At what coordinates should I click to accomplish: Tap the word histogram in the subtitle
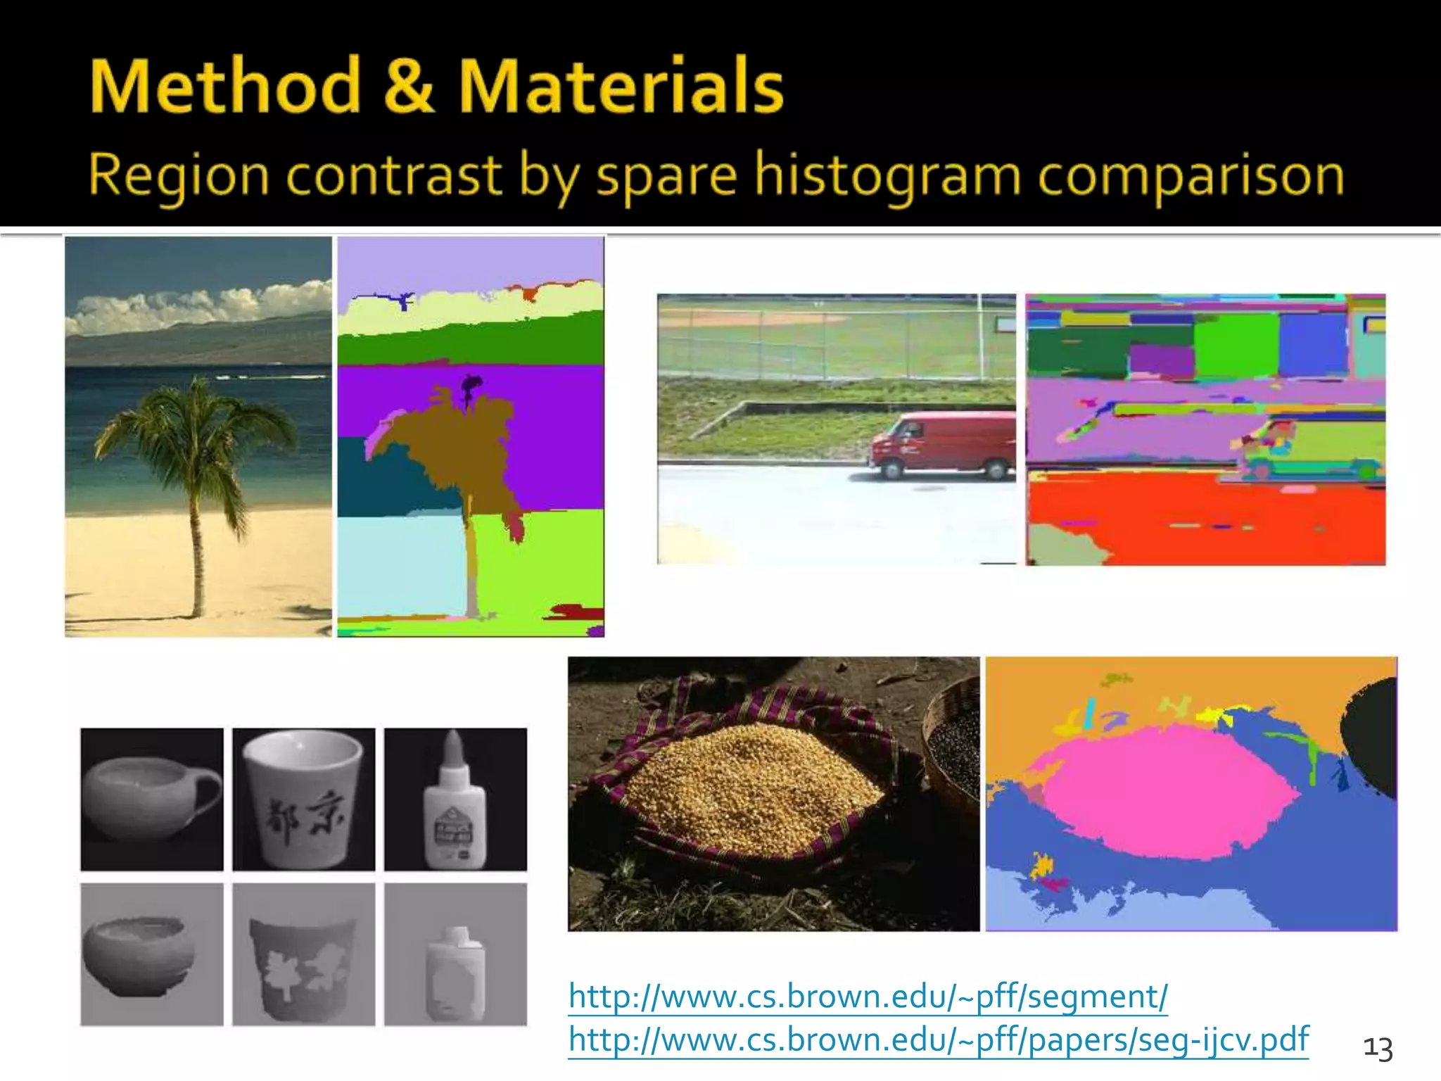point(887,175)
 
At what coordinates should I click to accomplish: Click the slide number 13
point(1378,1049)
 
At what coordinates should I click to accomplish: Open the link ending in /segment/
point(868,997)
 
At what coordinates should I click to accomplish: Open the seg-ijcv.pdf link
point(938,1039)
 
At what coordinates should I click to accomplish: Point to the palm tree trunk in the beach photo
point(197,549)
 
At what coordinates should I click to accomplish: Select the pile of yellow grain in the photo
point(746,781)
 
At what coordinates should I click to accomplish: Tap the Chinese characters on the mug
point(304,816)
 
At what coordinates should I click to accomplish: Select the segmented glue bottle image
point(455,955)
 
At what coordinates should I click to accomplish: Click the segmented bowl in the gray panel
point(137,954)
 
